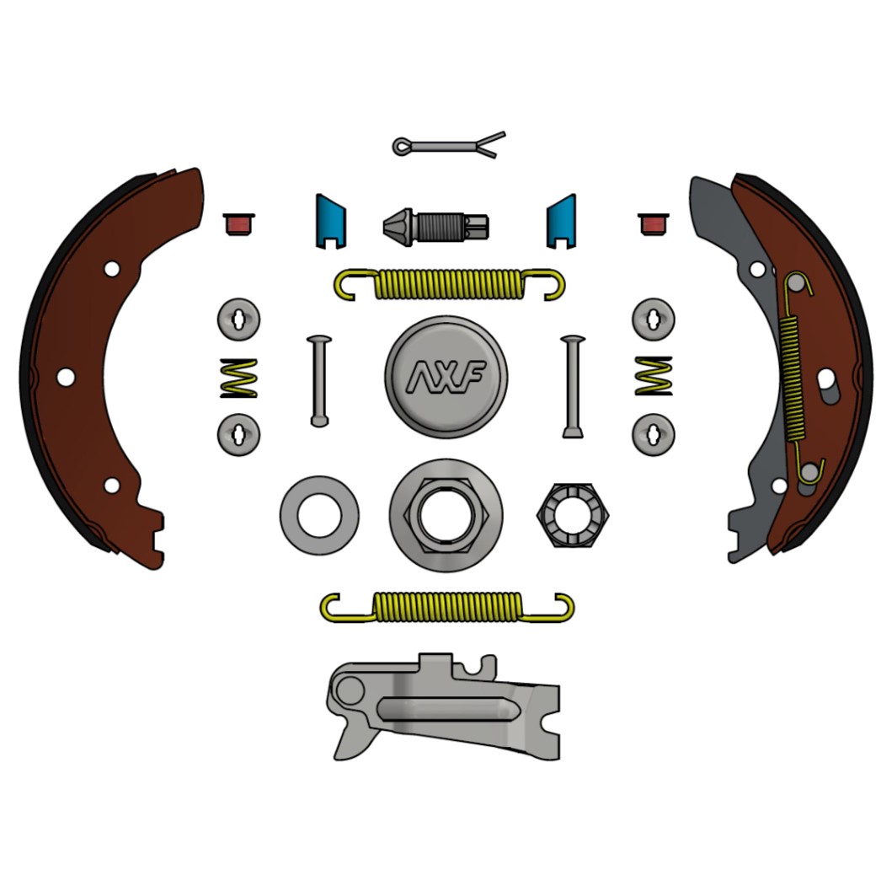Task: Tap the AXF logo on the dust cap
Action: coord(446,377)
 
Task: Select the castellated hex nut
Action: coord(572,515)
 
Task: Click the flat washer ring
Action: coord(319,515)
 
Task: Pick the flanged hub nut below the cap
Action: coord(446,515)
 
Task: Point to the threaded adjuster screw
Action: coord(435,227)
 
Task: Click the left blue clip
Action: coord(330,222)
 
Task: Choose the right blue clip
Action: coord(562,222)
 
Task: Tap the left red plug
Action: coord(238,224)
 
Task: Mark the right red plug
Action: coord(653,224)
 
